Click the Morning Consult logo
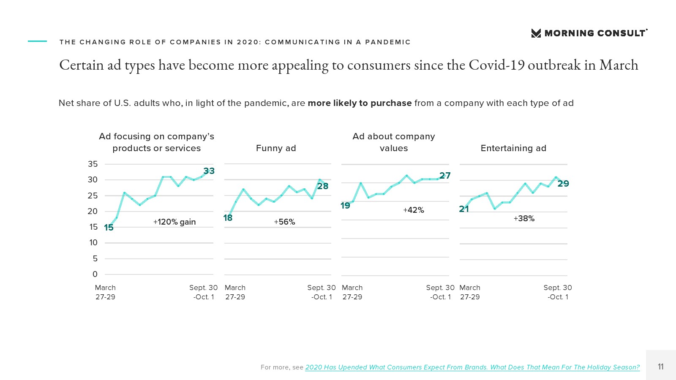(x=589, y=33)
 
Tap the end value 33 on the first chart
(x=209, y=171)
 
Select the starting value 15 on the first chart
(x=109, y=228)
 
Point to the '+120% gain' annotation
(x=174, y=222)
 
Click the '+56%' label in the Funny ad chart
(x=284, y=222)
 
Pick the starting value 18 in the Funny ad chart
(x=228, y=218)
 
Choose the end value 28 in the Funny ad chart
(x=323, y=186)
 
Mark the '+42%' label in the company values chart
(x=414, y=210)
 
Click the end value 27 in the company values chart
(x=445, y=176)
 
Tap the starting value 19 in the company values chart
(x=345, y=206)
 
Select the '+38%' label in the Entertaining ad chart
(x=524, y=219)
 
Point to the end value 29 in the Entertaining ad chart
(x=563, y=184)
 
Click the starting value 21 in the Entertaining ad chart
(x=464, y=209)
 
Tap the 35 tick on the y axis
(x=93, y=164)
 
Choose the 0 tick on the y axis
(x=95, y=274)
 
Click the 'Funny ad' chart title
(x=276, y=148)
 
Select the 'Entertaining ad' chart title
(x=513, y=148)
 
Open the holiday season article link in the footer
(x=472, y=367)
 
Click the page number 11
(x=661, y=366)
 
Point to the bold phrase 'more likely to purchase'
(x=360, y=103)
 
